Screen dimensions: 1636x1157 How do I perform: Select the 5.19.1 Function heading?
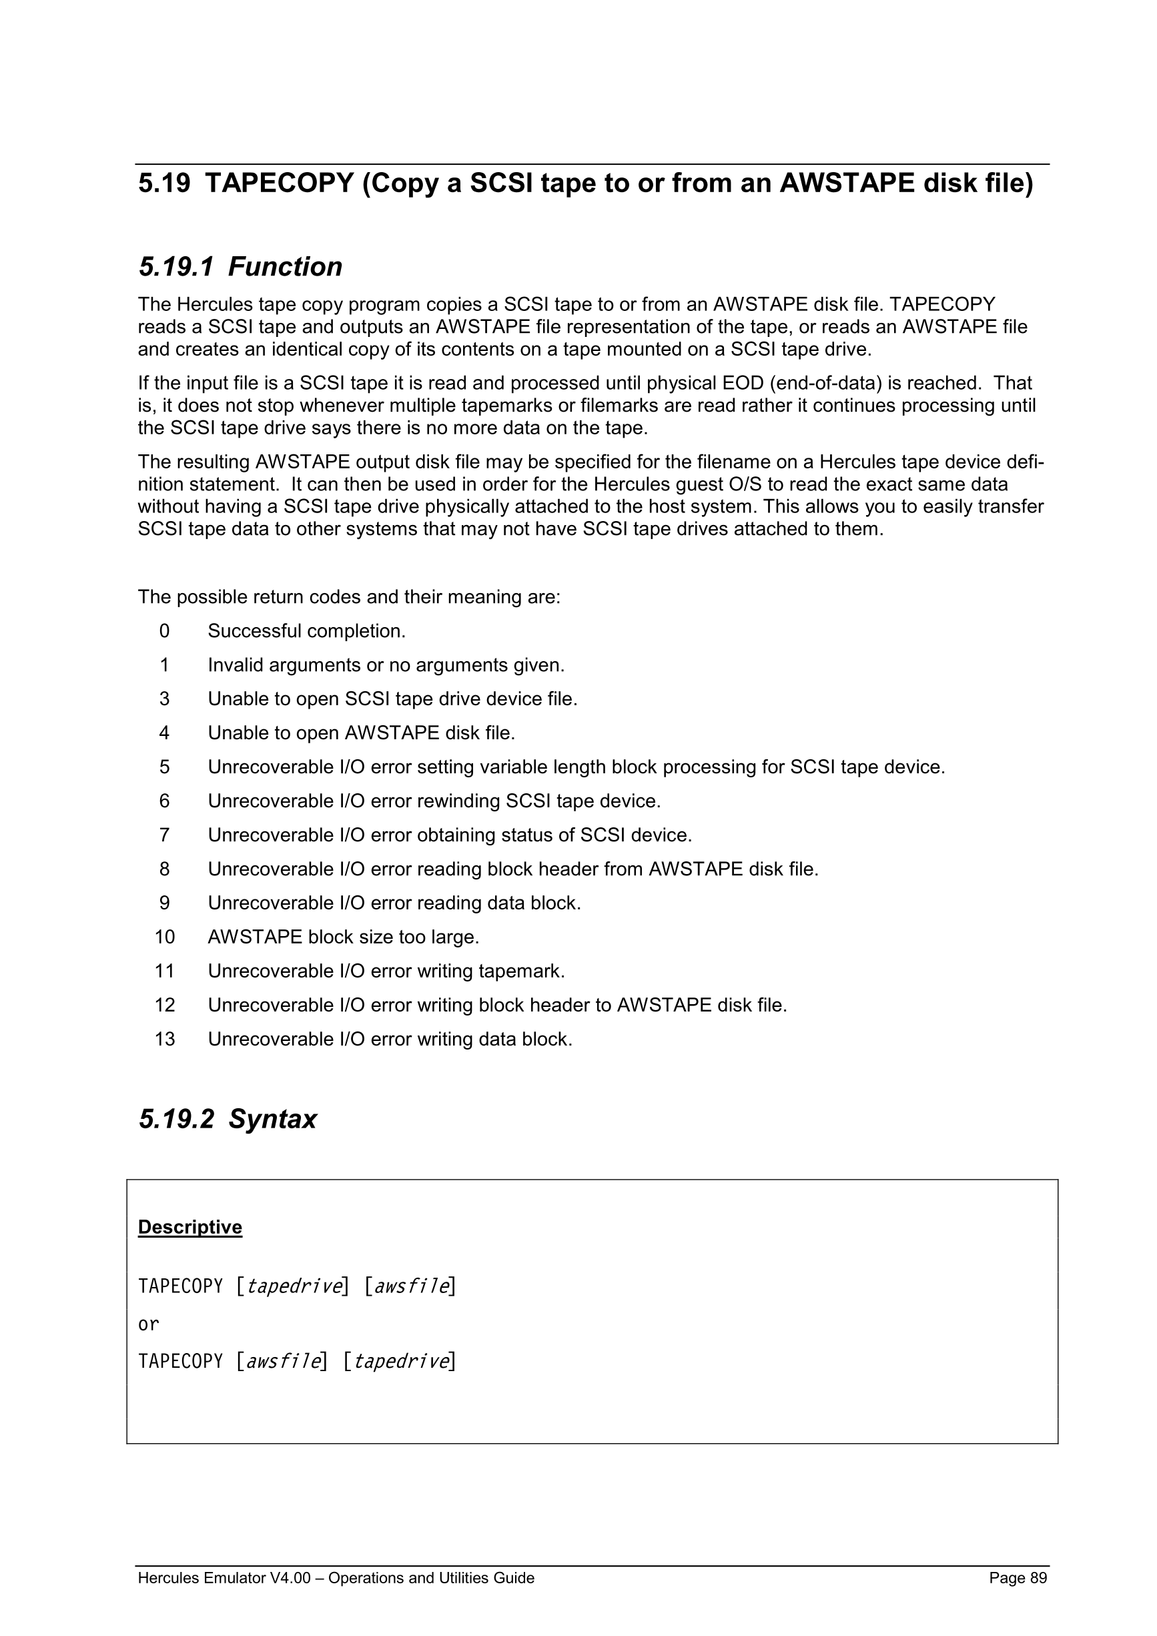pyautogui.click(x=240, y=267)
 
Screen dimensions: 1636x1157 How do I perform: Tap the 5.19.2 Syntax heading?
pyautogui.click(x=228, y=1120)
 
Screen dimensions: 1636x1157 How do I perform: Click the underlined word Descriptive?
pyautogui.click(x=189, y=1227)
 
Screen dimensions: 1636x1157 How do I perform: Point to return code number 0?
pyautogui.click(x=165, y=631)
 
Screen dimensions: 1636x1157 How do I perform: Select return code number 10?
pyautogui.click(x=165, y=937)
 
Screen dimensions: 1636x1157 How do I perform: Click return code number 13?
pyautogui.click(x=165, y=1039)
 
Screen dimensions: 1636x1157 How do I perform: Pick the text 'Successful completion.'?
pyautogui.click(x=306, y=631)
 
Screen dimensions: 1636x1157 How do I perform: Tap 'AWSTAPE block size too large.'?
pyautogui.click(x=344, y=937)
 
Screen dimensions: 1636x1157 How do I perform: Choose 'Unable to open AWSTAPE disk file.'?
pyautogui.click(x=361, y=733)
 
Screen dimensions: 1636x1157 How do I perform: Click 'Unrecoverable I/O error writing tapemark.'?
pyautogui.click(x=386, y=971)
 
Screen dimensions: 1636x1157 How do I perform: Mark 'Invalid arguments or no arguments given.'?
pyautogui.click(x=386, y=665)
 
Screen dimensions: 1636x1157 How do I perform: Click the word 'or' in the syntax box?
pyautogui.click(x=148, y=1324)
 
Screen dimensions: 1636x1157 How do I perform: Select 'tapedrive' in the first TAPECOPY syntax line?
pyautogui.click(x=294, y=1286)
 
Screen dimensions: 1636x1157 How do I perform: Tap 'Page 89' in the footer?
pyautogui.click(x=1018, y=1578)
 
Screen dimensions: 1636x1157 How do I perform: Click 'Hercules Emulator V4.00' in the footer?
pyautogui.click(x=224, y=1578)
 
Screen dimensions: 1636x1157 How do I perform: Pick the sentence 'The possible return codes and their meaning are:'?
pyautogui.click(x=349, y=597)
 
